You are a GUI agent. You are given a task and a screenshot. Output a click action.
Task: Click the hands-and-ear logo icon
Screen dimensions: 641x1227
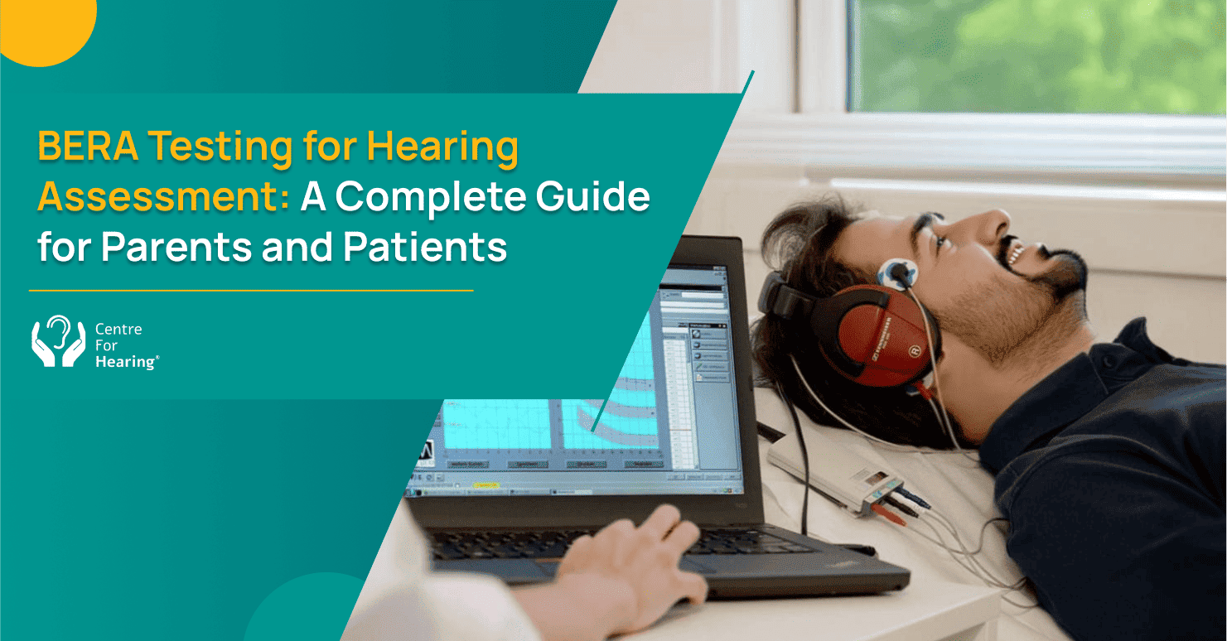coord(58,341)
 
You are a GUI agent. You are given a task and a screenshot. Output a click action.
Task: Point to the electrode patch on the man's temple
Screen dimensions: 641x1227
coord(899,272)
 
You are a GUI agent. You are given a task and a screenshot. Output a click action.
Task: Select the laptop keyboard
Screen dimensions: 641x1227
coord(605,542)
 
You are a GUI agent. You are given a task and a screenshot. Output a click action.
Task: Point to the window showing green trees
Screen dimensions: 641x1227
coord(1036,54)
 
